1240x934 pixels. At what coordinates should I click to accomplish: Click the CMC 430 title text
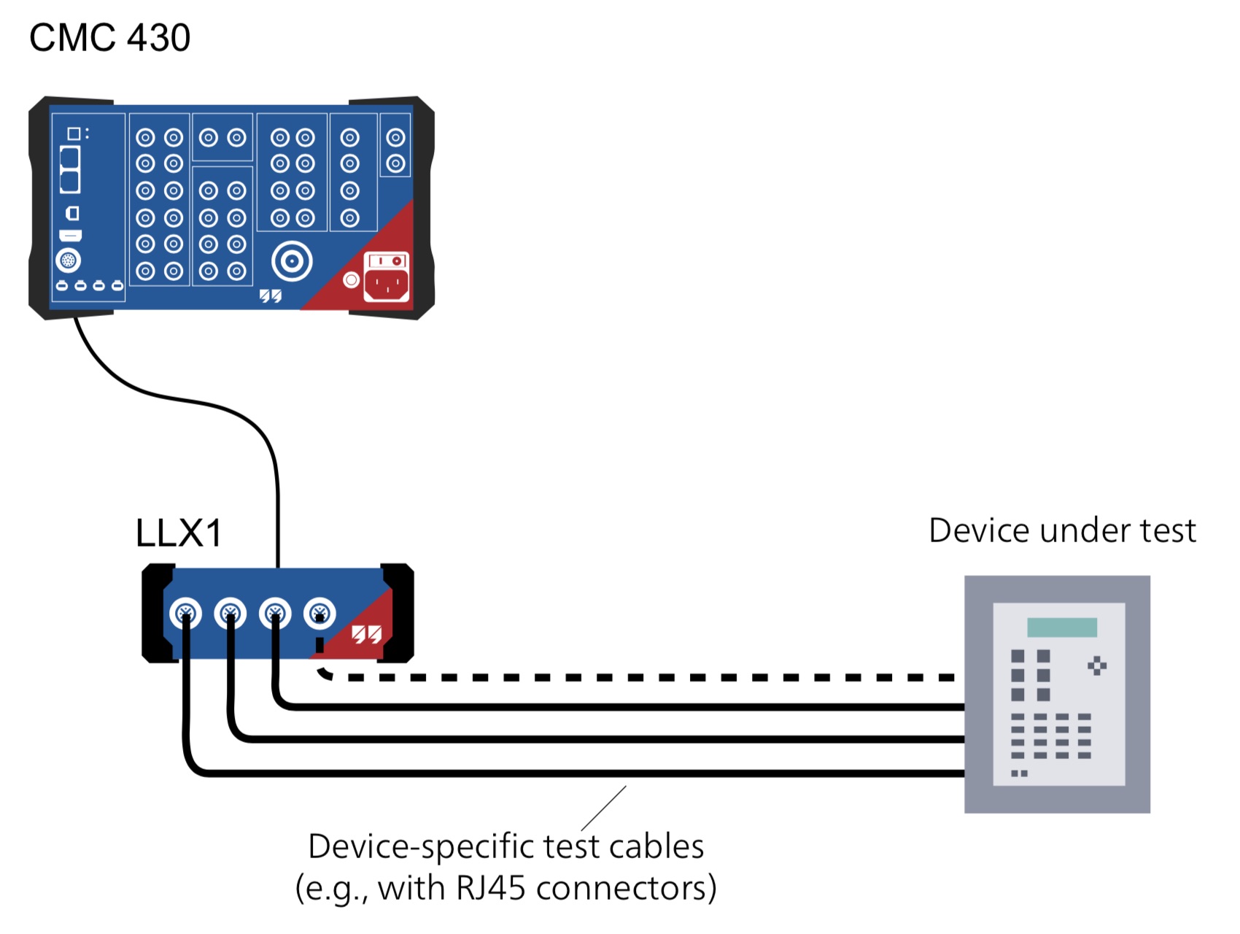click(x=109, y=38)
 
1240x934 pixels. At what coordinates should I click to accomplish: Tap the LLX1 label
click(x=179, y=533)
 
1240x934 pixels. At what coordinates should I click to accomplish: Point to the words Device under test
click(x=1062, y=530)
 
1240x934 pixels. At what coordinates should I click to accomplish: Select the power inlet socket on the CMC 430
click(x=387, y=285)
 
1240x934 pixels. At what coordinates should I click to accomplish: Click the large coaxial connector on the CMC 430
click(x=292, y=260)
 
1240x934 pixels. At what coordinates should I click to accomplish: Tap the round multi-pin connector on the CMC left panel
click(x=69, y=260)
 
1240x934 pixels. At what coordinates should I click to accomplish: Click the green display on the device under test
click(x=1062, y=628)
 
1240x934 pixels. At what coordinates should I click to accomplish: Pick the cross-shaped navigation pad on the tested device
click(x=1097, y=665)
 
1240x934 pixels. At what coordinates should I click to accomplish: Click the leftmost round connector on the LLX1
click(x=185, y=613)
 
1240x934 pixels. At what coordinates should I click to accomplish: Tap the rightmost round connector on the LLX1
click(x=319, y=613)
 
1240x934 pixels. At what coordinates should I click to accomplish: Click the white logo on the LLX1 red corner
click(x=367, y=634)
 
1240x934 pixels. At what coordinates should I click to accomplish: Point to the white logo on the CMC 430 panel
click(x=271, y=296)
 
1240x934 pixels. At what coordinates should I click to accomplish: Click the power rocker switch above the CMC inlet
click(x=387, y=260)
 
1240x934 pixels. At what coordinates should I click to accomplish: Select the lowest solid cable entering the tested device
click(x=584, y=772)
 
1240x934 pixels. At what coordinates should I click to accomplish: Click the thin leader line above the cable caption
click(x=604, y=808)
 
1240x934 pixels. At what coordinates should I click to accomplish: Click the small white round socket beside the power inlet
click(x=351, y=279)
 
